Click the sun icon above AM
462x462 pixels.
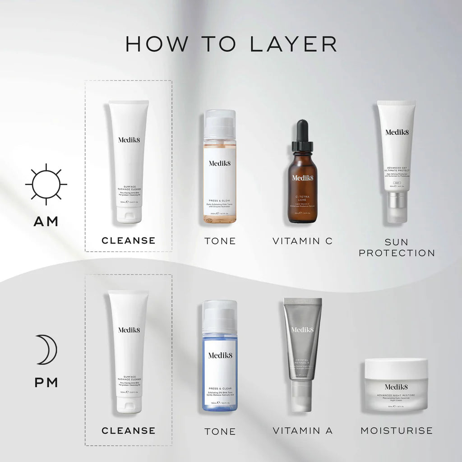coord(46,184)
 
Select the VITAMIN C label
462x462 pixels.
coord(302,241)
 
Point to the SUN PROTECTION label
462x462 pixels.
coord(397,247)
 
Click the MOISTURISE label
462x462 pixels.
coord(396,430)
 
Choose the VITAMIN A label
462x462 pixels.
coord(302,430)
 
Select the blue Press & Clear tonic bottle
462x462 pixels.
coord(220,356)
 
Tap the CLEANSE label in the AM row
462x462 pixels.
coord(129,240)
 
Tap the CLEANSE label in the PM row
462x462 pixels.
coord(129,430)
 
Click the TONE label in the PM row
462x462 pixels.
coord(220,431)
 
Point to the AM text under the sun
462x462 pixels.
coord(46,221)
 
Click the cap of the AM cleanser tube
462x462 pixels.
coord(129,214)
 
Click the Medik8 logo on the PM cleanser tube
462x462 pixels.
coord(129,330)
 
